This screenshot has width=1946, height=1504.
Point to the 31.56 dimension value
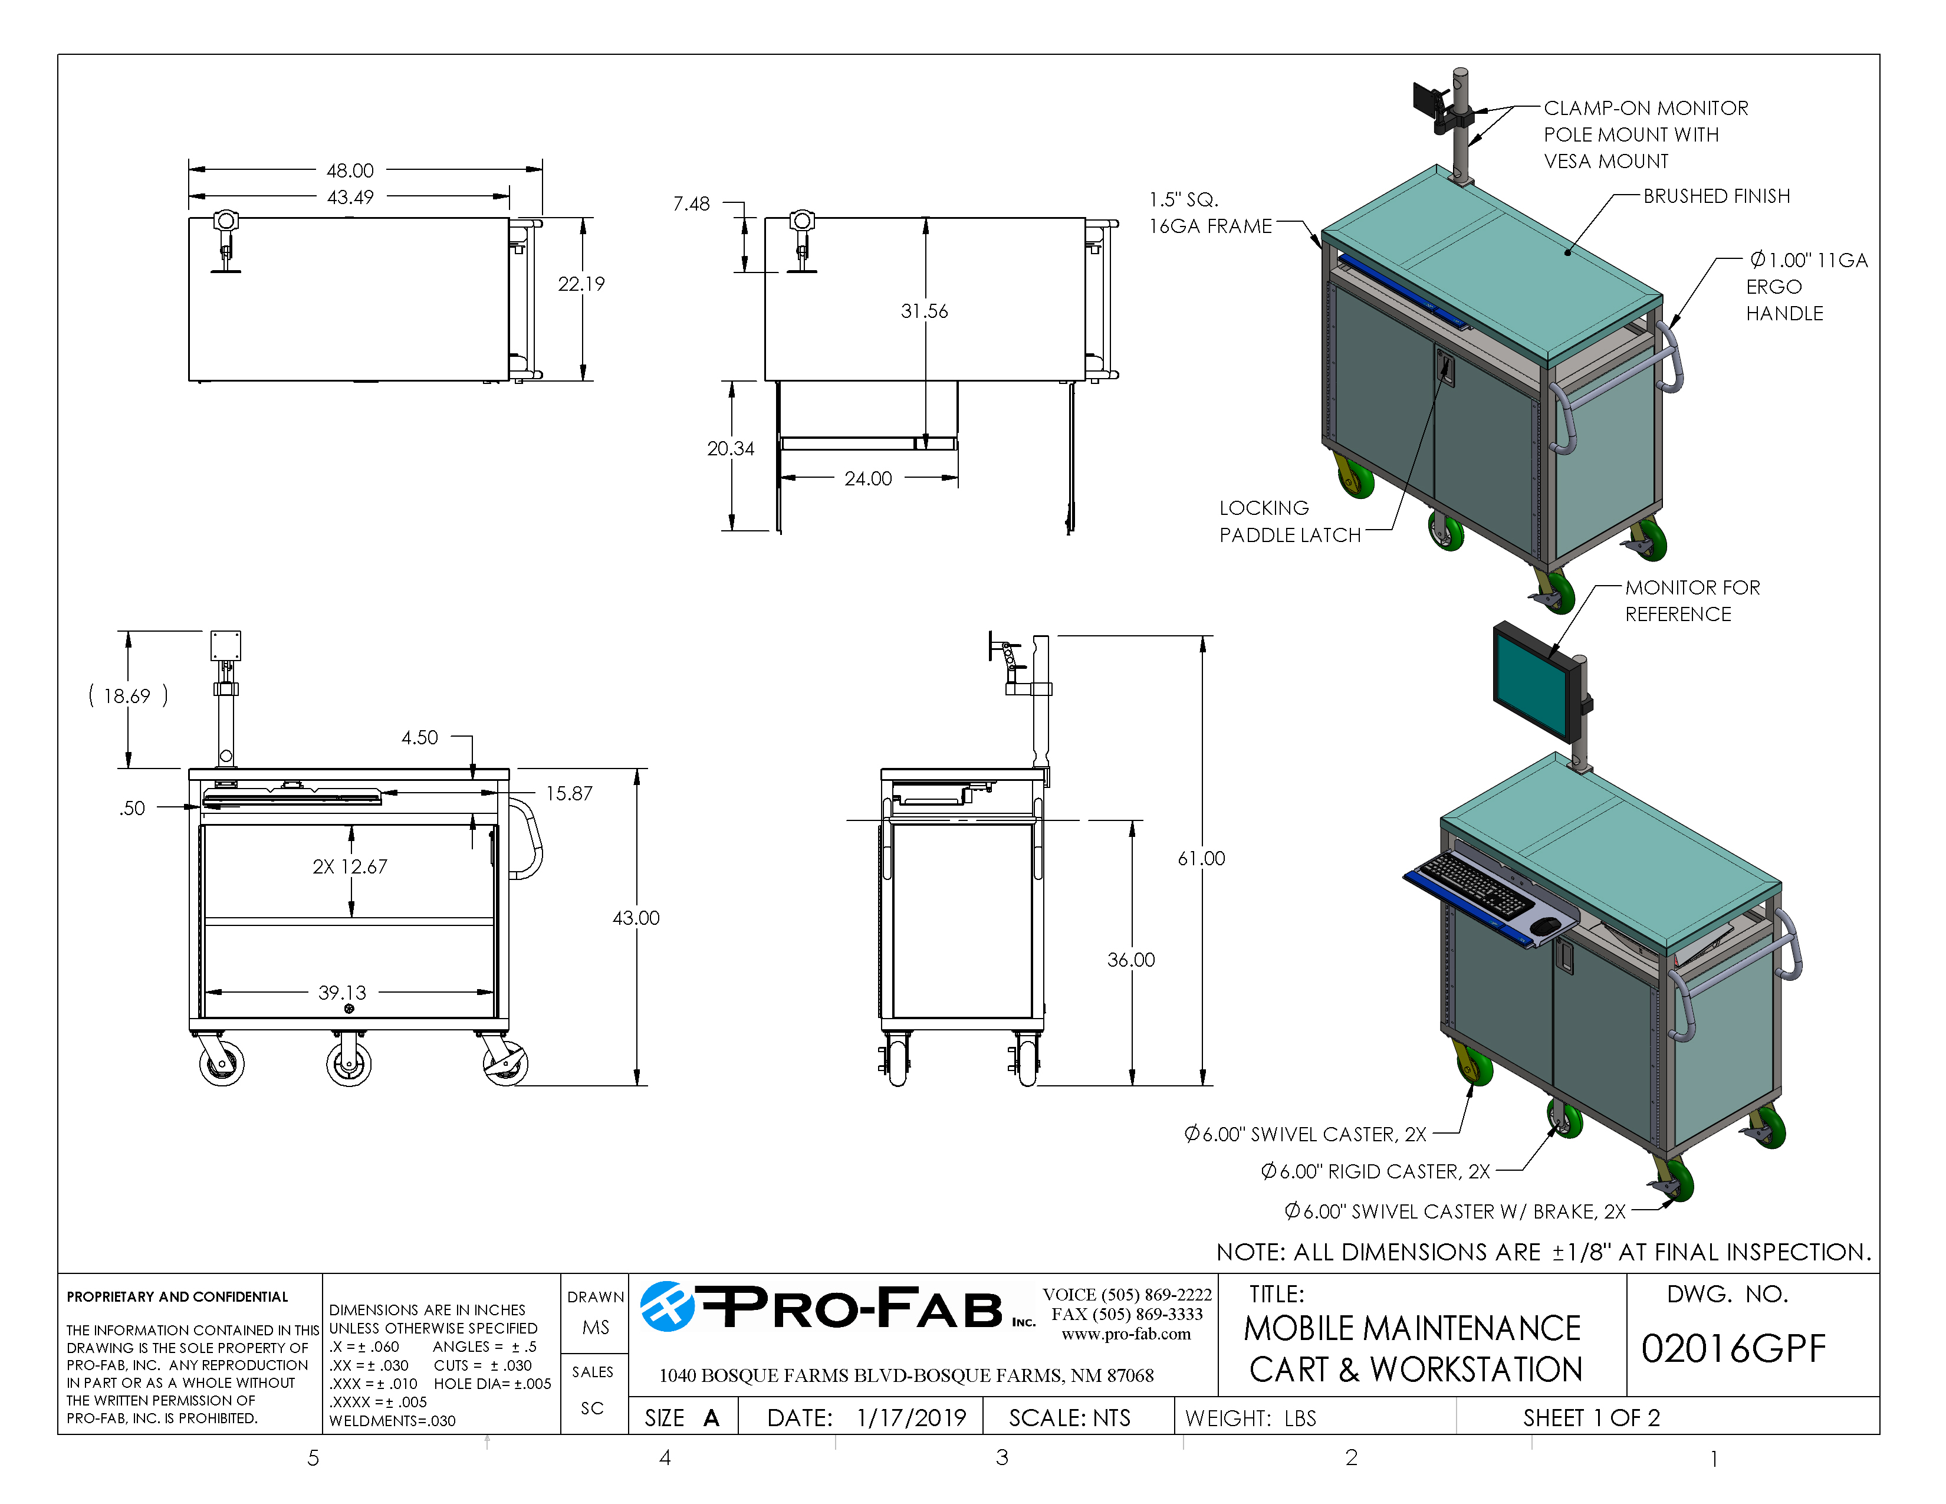click(924, 311)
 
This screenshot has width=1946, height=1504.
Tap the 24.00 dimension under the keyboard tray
click(868, 478)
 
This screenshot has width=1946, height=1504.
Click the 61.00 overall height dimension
click(1201, 858)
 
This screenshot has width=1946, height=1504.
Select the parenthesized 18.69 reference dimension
click(127, 696)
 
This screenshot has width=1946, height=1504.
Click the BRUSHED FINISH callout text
click(1716, 196)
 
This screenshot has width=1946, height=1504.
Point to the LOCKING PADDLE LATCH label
click(1288, 521)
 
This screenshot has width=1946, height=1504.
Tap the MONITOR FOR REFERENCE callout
click(1691, 600)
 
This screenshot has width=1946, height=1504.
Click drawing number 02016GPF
click(1733, 1349)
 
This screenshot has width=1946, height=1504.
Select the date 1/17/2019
click(910, 1417)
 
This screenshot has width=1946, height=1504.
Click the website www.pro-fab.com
click(1125, 1334)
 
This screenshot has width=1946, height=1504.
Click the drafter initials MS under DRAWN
click(595, 1328)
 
